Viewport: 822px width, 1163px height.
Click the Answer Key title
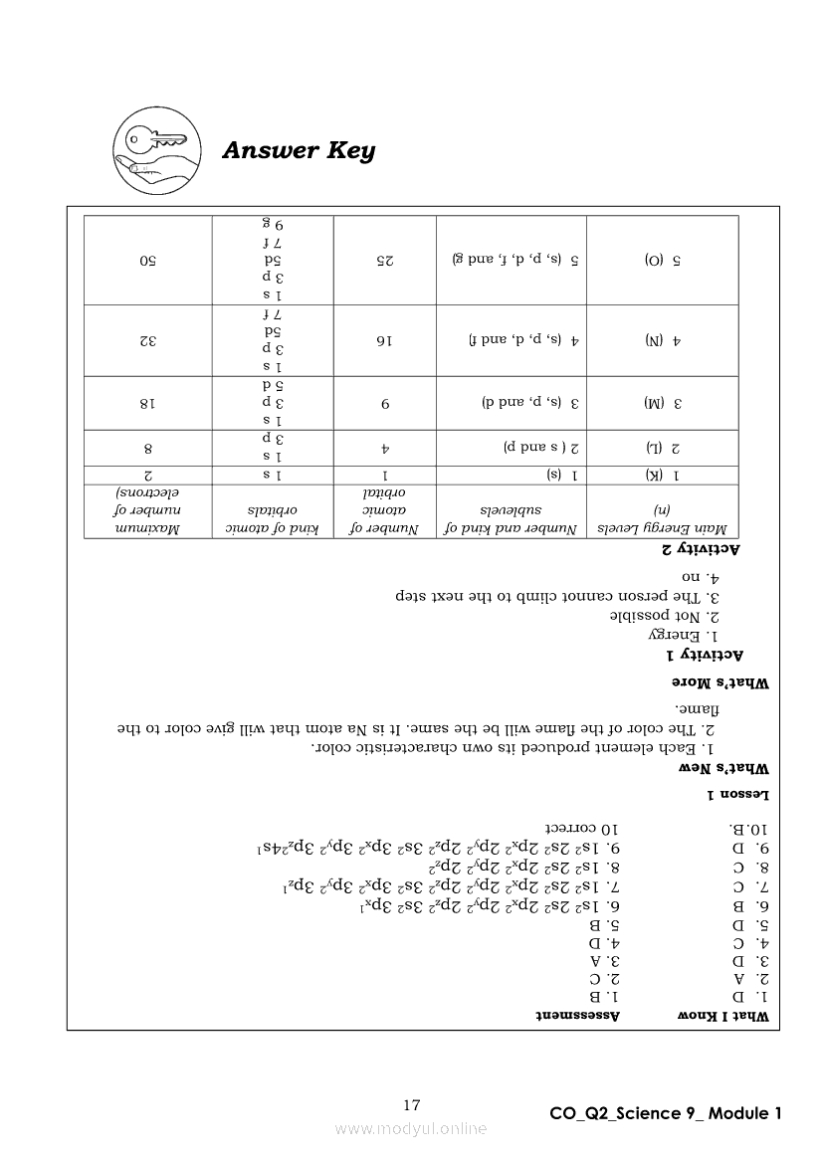299,151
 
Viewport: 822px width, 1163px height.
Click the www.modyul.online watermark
411,1128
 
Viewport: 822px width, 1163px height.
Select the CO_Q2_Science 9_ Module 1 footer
665,1113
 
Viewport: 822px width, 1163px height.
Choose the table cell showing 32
147,340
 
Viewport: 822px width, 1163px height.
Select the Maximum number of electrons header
147,511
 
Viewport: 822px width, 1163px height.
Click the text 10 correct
582,828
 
